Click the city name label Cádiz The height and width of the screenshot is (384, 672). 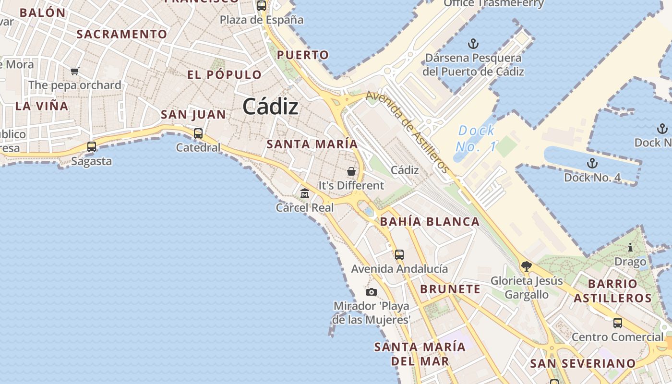click(270, 106)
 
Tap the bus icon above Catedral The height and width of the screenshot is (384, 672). click(198, 133)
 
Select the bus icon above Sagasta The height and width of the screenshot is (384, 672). click(92, 147)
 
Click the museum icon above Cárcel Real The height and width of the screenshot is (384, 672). click(305, 193)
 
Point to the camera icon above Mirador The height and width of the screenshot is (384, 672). click(372, 292)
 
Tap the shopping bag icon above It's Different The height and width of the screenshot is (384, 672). click(351, 171)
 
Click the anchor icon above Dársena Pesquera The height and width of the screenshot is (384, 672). click(473, 44)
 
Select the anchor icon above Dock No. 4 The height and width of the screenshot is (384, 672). click(592, 163)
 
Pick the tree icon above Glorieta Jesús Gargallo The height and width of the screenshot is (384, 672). click(527, 266)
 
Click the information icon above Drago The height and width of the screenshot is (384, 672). click(630, 248)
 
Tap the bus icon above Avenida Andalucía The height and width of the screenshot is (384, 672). click(399, 255)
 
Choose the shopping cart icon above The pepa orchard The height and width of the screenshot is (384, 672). click(74, 72)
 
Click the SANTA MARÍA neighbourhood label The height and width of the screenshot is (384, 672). click(312, 144)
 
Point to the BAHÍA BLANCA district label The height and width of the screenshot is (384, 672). click(430, 222)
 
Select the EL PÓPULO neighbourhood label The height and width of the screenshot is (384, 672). click(224, 75)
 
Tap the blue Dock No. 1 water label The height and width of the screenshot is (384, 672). click(476, 138)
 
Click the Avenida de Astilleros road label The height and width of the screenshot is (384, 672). click(408, 132)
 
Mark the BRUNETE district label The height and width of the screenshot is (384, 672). click(450, 289)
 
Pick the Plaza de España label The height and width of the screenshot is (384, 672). click(262, 20)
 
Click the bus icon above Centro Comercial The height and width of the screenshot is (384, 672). click(618, 323)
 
